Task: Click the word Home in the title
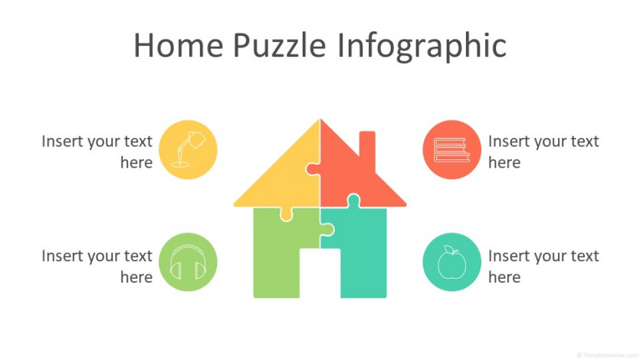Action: [x=179, y=45]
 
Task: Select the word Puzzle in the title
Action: [x=280, y=45]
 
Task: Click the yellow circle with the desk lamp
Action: [x=188, y=149]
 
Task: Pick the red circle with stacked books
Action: [x=451, y=149]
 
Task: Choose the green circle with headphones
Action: [x=188, y=262]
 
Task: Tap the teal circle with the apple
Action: [x=451, y=262]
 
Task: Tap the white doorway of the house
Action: [x=320, y=273]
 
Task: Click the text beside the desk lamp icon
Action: [x=97, y=152]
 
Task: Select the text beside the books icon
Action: [x=543, y=152]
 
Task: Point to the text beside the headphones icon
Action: [x=97, y=267]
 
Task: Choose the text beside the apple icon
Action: [x=543, y=267]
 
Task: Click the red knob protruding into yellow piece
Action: [x=313, y=169]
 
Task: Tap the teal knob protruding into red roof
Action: [x=353, y=201]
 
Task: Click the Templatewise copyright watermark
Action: [x=607, y=355]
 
